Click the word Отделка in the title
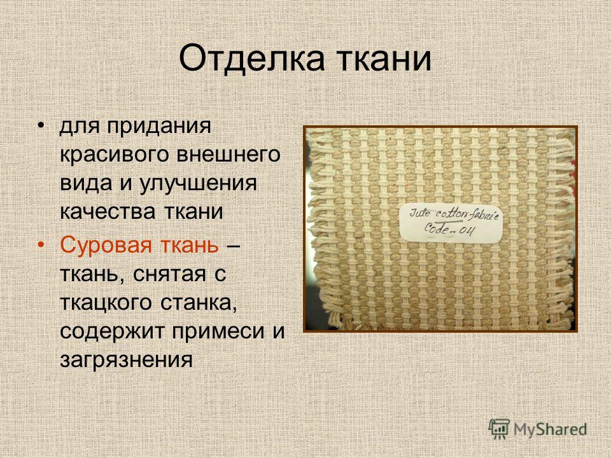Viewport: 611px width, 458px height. click(251, 59)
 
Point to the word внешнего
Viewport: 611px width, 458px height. click(228, 154)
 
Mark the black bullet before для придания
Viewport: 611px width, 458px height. click(41, 126)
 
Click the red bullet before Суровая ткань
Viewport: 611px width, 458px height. click(41, 245)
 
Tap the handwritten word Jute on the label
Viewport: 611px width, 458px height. click(420, 214)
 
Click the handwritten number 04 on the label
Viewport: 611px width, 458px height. click(467, 230)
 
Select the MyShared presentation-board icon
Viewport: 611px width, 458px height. click(499, 429)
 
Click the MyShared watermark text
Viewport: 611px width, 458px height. click(550, 429)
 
